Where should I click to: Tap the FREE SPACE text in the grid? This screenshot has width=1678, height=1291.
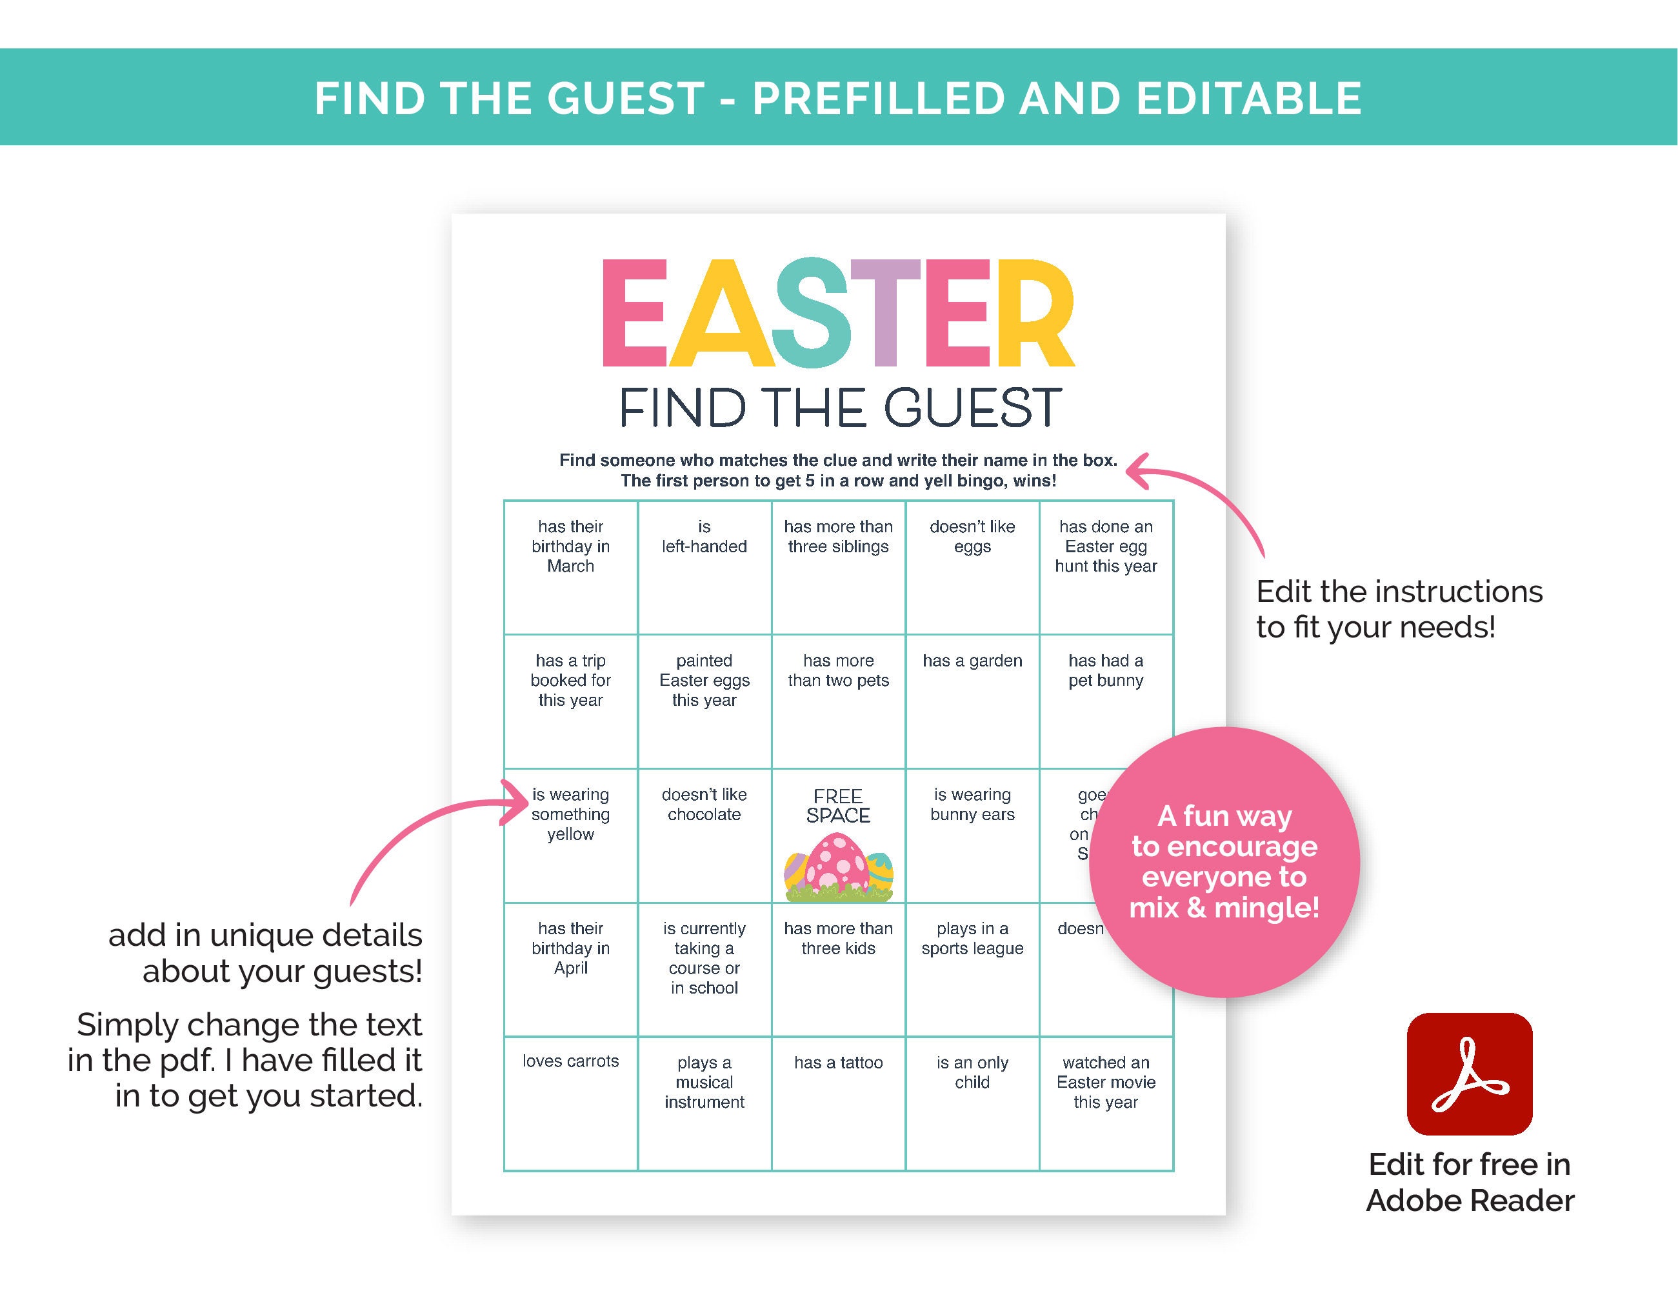point(837,805)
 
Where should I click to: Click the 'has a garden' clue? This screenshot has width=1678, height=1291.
point(972,661)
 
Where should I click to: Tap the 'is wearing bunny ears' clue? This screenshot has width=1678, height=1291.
point(972,805)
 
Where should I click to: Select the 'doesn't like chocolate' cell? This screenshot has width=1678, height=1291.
point(704,805)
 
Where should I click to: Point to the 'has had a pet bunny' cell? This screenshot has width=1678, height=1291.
point(1106,671)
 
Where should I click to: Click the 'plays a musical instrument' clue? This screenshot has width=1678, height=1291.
point(704,1082)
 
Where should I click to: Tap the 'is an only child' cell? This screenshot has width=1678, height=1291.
point(972,1073)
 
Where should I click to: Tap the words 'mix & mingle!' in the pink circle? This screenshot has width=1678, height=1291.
point(1224,908)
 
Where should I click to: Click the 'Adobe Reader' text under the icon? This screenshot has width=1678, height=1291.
point(1470,1200)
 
